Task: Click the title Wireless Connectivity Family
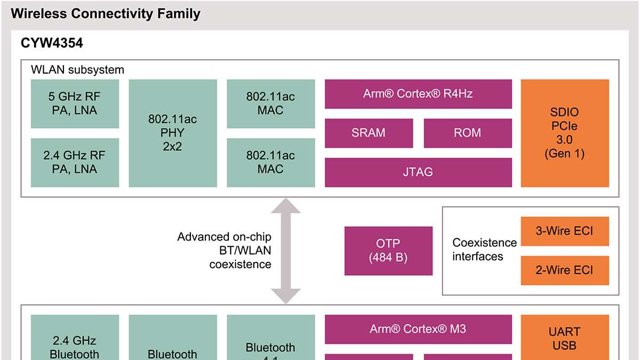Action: [x=106, y=14]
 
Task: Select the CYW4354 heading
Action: [x=52, y=44]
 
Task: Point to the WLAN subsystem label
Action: [x=77, y=70]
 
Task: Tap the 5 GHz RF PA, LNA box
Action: [x=74, y=104]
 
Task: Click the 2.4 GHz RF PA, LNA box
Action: [x=74, y=163]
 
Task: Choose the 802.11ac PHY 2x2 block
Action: [x=173, y=133]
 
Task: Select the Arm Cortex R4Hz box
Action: [x=418, y=94]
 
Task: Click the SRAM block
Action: [x=369, y=133]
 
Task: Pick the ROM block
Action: [x=468, y=133]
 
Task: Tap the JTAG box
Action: [x=418, y=172]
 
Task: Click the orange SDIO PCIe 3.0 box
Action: [x=565, y=133]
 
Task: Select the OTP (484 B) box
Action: [x=388, y=251]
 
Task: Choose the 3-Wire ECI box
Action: [x=565, y=231]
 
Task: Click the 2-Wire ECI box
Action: [x=565, y=270]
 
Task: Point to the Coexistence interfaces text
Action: [x=484, y=250]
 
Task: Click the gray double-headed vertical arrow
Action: [x=286, y=251]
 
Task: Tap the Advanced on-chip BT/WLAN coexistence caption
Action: [x=225, y=251]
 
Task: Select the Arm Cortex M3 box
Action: [x=418, y=329]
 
